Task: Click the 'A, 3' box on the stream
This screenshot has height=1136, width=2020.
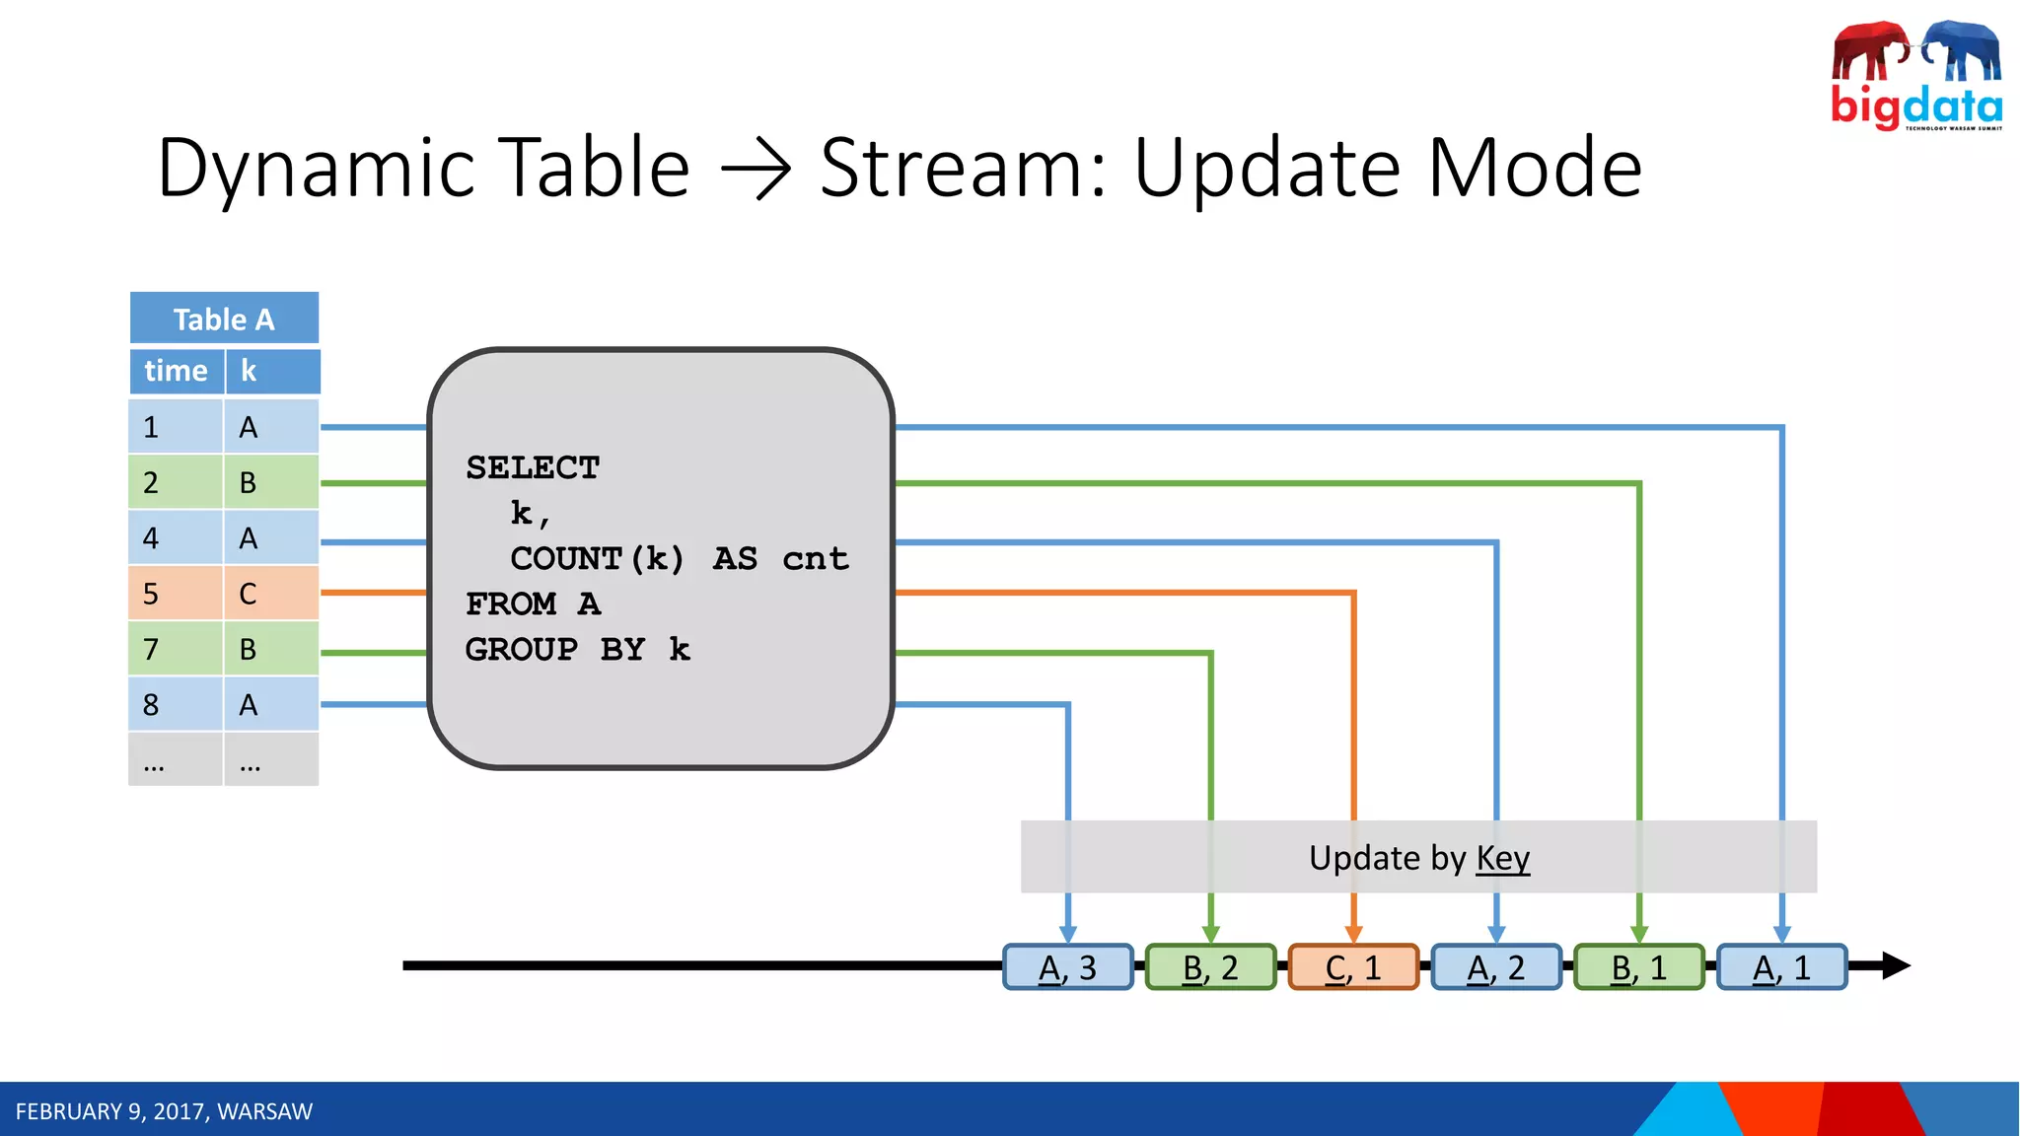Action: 1068,967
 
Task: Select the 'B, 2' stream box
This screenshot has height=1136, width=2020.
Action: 1210,967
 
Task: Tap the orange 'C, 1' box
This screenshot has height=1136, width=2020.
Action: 1353,967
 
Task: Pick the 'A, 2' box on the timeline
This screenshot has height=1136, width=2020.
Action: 1496,967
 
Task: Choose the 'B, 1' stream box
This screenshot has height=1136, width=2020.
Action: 1639,967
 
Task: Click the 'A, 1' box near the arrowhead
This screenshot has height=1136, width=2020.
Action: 1782,967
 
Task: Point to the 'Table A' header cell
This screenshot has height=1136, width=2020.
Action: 224,319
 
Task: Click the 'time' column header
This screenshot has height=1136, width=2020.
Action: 176,371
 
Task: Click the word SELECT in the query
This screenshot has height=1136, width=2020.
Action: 533,467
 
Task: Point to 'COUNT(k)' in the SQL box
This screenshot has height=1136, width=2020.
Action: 597,559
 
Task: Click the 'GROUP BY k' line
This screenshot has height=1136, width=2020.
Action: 577,650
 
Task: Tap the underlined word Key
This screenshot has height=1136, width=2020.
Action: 1502,858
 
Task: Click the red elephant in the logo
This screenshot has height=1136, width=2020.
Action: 1869,51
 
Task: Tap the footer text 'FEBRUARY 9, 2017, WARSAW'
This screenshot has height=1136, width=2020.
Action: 164,1111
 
